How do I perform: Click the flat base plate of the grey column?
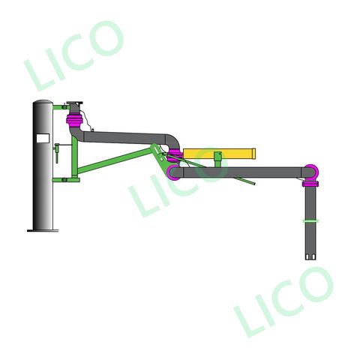coord(43,229)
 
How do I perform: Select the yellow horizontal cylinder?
coord(218,154)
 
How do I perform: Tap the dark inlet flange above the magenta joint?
coord(75,104)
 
